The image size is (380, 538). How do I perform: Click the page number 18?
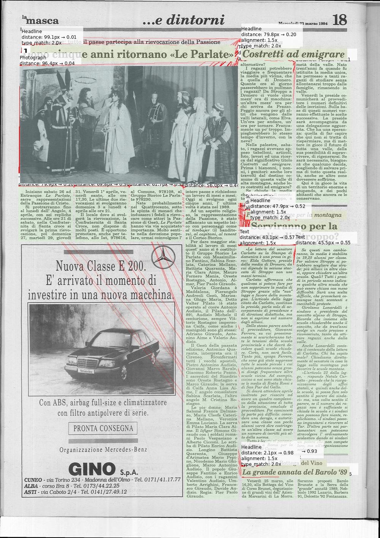[x=339, y=20]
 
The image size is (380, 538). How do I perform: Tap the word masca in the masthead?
[x=42, y=21]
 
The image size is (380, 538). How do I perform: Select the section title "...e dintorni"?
[x=184, y=20]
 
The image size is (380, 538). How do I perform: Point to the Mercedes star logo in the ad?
[x=162, y=257]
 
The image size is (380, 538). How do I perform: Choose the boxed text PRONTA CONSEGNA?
[x=103, y=428]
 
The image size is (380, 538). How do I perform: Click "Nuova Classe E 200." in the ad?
[x=100, y=266]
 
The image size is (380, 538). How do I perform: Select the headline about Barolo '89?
[x=295, y=472]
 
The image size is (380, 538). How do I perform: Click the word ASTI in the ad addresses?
[x=30, y=492]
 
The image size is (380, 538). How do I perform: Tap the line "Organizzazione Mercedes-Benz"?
[x=103, y=450]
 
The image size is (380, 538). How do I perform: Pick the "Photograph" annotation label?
[x=33, y=58]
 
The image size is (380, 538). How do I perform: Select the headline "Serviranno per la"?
[x=294, y=227]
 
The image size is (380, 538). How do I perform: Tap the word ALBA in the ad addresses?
[x=31, y=486]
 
